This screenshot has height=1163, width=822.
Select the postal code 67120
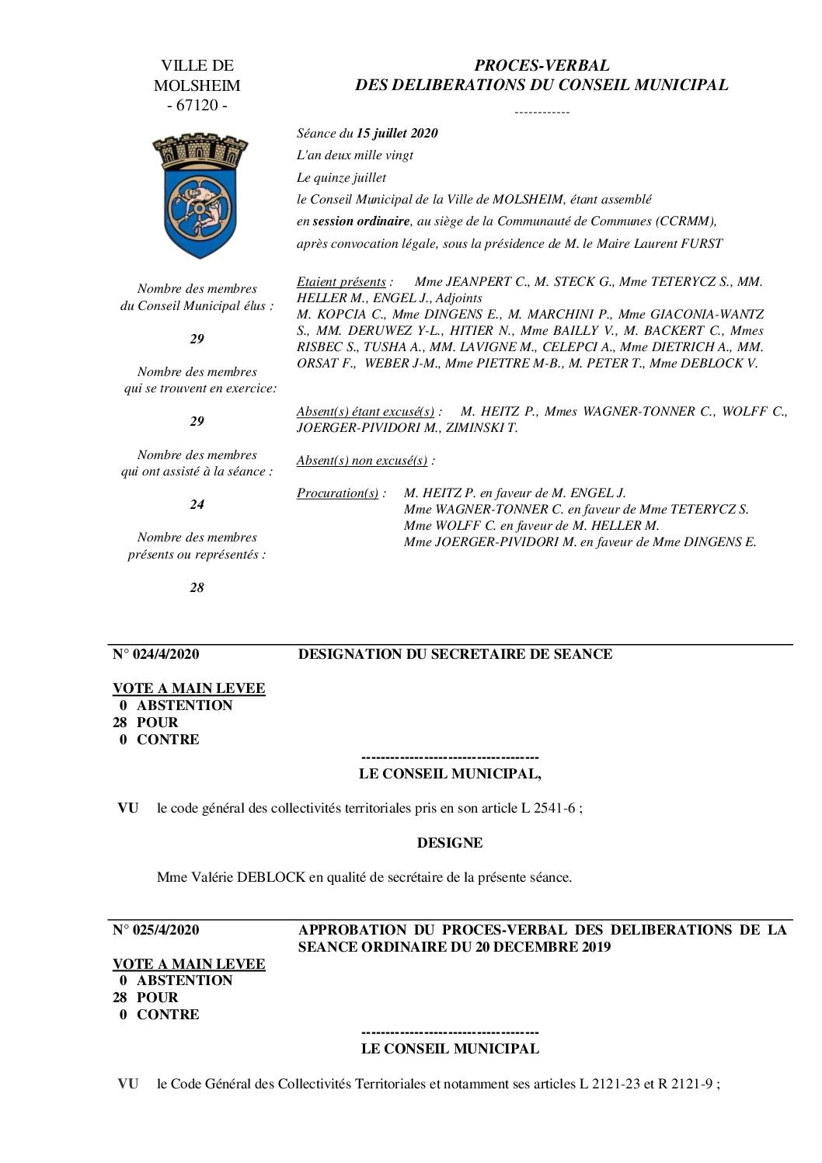(197, 106)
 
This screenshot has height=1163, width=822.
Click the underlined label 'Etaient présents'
(341, 281)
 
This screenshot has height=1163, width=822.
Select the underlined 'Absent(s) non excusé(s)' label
(362, 460)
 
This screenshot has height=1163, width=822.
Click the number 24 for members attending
(197, 504)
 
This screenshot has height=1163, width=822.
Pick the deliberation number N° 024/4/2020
(155, 654)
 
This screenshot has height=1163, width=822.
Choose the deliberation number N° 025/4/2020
(155, 930)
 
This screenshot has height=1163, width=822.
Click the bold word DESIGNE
(450, 843)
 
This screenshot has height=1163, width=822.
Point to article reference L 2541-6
(548, 808)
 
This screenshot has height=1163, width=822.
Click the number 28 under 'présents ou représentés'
(197, 587)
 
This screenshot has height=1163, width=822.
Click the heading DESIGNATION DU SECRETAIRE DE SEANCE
(455, 654)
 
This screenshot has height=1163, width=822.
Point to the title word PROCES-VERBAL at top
(542, 65)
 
